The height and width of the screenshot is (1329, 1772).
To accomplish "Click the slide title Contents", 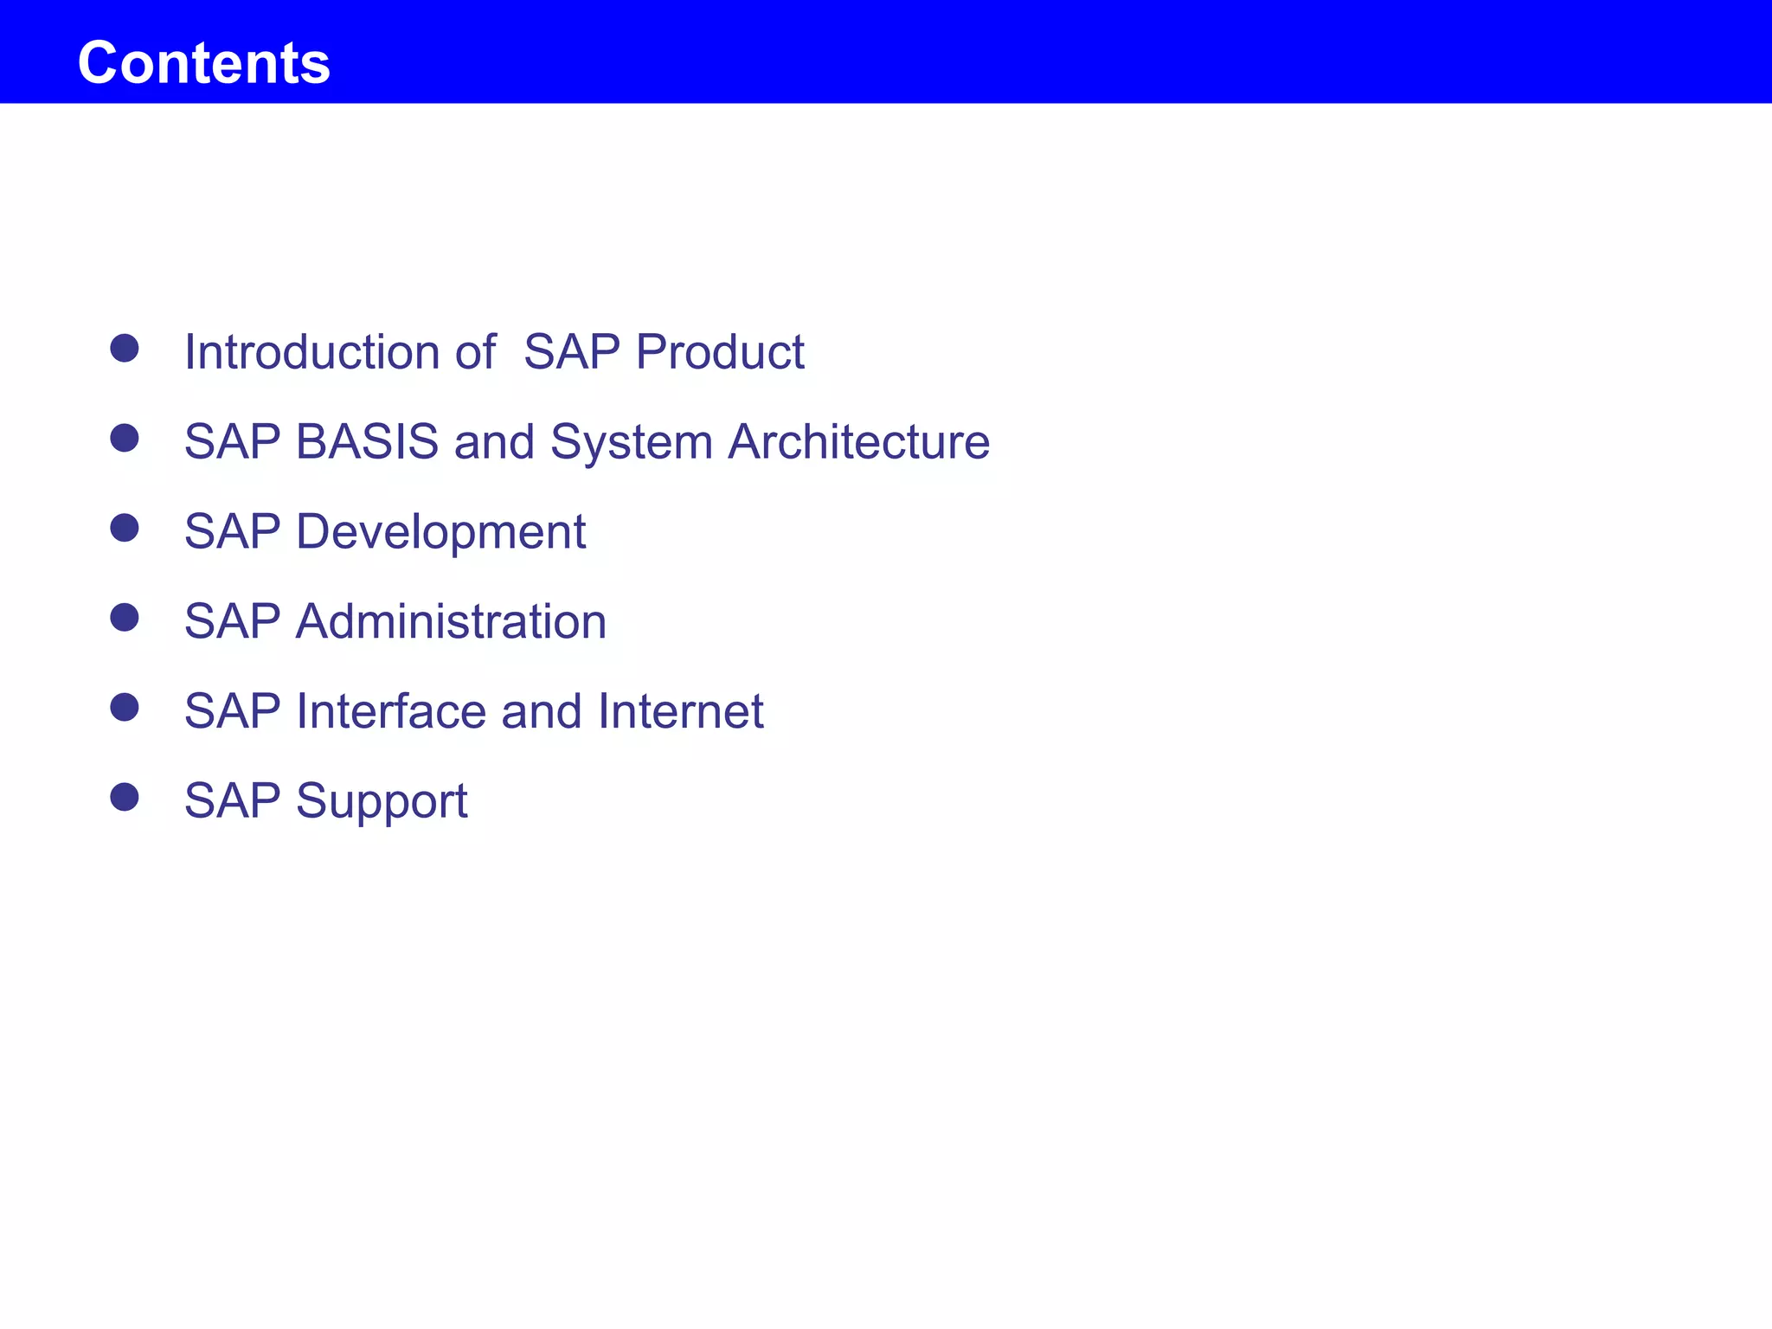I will pyautogui.click(x=204, y=62).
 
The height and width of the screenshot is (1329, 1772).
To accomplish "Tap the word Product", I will pyautogui.click(x=720, y=352).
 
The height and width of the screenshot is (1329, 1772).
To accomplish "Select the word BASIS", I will pyautogui.click(x=368, y=441).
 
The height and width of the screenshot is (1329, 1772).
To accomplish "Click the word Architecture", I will pyautogui.click(x=858, y=441).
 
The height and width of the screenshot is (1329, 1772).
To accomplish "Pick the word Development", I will pyautogui.click(x=440, y=532).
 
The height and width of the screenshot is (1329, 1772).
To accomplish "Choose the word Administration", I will pyautogui.click(x=451, y=621).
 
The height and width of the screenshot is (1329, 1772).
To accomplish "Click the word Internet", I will pyautogui.click(x=680, y=711).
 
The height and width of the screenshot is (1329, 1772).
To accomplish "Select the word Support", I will pyautogui.click(x=382, y=802).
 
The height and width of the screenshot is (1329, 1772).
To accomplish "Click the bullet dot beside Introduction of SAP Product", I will pyautogui.click(x=125, y=349).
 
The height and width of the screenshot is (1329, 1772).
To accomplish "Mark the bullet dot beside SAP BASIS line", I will pyautogui.click(x=125, y=438).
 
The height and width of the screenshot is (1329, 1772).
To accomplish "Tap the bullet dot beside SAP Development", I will pyautogui.click(x=125, y=528).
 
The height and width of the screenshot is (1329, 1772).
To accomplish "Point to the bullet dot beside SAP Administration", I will pyautogui.click(x=125, y=618).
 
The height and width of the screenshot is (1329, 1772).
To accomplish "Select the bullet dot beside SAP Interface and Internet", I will pyautogui.click(x=125, y=708).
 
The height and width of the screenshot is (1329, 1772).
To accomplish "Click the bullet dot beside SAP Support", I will pyautogui.click(x=125, y=797).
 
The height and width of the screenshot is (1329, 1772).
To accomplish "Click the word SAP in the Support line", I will pyautogui.click(x=233, y=800).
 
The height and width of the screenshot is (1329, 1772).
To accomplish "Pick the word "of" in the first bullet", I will pyautogui.click(x=475, y=352).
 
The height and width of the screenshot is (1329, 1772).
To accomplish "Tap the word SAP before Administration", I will pyautogui.click(x=233, y=621).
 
